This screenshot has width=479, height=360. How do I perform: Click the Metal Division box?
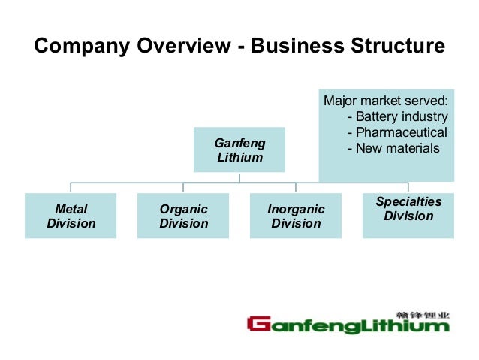pos(71,216)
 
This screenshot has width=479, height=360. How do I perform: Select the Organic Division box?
pos(183,216)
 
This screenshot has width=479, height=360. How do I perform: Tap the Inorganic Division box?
pos(296,216)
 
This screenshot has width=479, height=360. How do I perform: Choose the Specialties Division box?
pos(408,216)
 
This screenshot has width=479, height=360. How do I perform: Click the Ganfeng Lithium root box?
pos(239,150)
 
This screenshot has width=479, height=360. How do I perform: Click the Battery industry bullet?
pos(402,116)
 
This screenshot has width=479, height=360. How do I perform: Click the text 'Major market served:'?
pos(384,101)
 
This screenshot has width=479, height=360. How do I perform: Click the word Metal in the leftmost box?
pos(71,209)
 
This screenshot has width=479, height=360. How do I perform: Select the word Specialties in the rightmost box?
pos(408,201)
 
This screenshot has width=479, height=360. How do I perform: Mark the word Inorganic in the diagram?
pos(296,209)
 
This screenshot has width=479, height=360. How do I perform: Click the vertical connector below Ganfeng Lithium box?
pos(239,177)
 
